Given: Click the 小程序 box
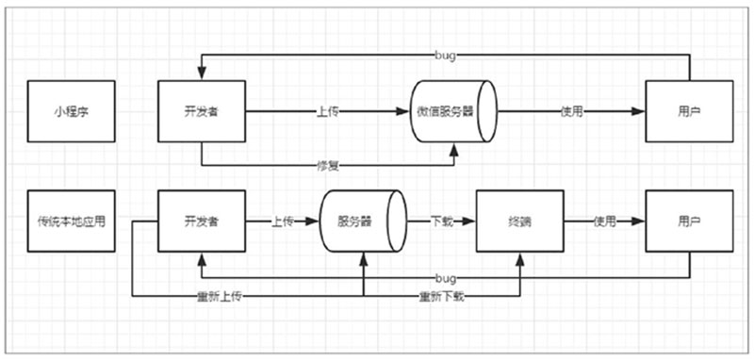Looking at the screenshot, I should click(71, 111).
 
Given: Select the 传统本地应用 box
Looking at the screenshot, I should click(71, 222).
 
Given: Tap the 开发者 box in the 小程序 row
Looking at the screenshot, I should click(201, 111).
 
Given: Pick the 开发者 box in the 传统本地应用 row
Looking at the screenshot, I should click(201, 222).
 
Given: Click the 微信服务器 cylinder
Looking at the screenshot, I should click(453, 111).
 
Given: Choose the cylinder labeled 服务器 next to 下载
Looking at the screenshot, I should click(362, 222).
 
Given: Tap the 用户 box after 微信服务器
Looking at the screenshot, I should click(689, 111).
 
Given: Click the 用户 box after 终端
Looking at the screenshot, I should click(689, 222).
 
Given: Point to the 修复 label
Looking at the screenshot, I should click(327, 167).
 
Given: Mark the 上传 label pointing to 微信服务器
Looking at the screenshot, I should click(327, 111).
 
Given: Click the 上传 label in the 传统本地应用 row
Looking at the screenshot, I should click(284, 222).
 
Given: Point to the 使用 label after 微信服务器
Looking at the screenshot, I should click(571, 111).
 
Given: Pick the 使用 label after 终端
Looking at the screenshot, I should click(604, 222).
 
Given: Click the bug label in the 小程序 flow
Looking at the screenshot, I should click(447, 57).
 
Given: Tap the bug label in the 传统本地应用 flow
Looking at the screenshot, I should click(447, 278).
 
